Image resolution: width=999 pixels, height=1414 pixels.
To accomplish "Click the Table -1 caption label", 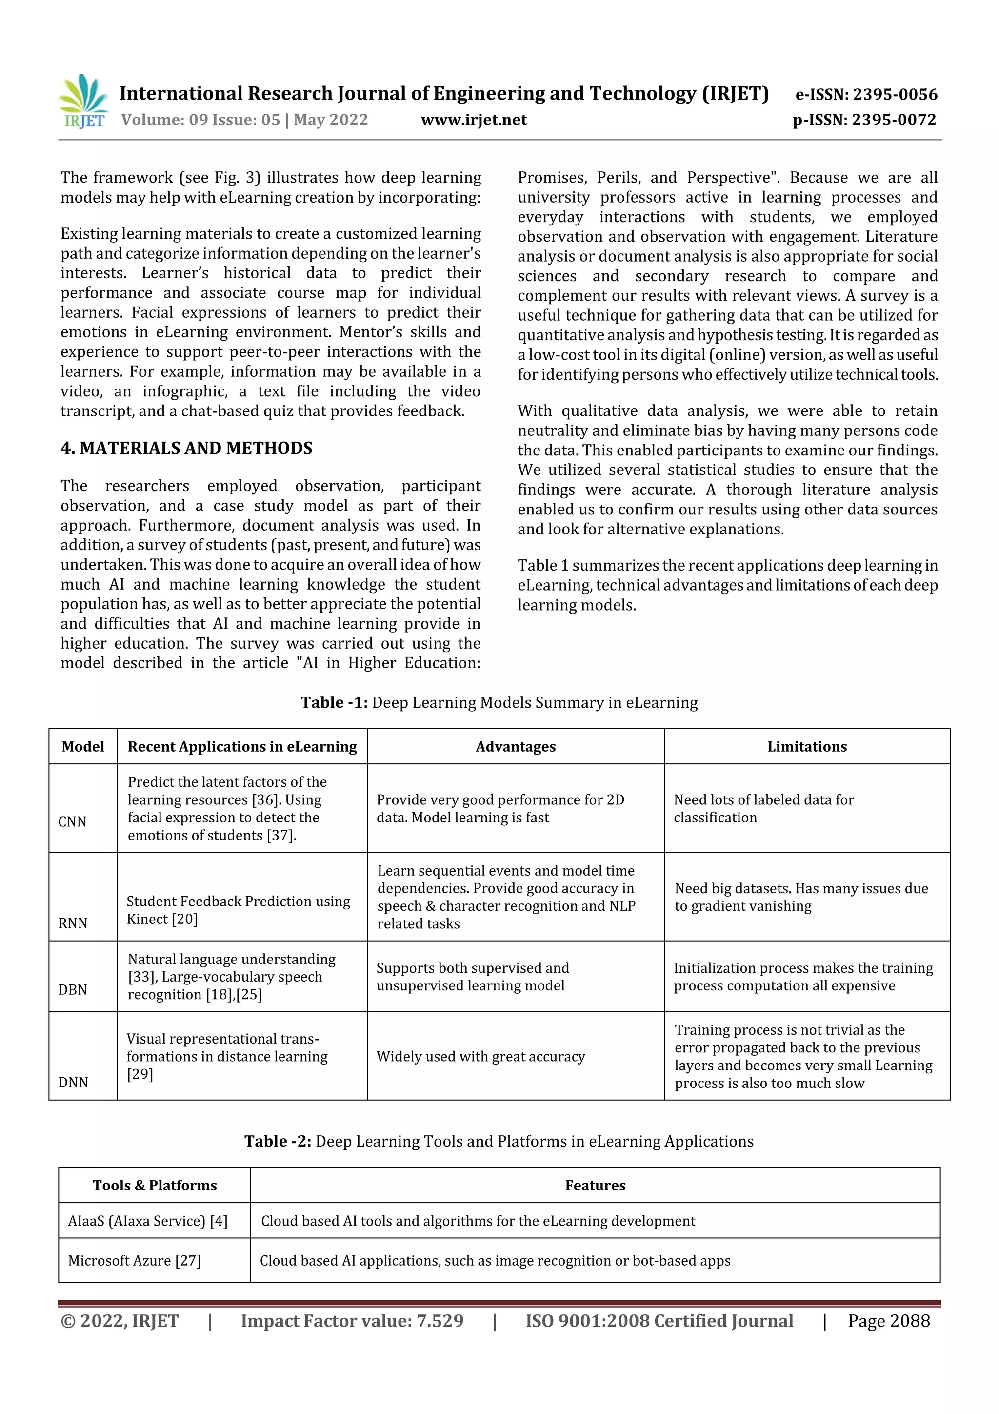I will click(x=334, y=703).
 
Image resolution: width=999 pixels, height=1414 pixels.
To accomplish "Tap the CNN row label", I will click(x=72, y=821).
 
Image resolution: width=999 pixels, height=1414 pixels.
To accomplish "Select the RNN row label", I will click(x=73, y=922).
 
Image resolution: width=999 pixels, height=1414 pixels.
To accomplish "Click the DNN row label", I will click(x=73, y=1082).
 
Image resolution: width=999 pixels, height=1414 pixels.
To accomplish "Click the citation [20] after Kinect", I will click(x=185, y=919).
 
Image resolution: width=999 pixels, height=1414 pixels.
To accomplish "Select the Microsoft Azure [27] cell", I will click(x=134, y=1260).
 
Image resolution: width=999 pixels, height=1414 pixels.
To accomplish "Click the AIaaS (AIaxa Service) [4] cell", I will click(x=148, y=1221).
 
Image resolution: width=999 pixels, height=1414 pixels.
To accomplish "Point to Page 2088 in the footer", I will click(x=888, y=1321).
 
